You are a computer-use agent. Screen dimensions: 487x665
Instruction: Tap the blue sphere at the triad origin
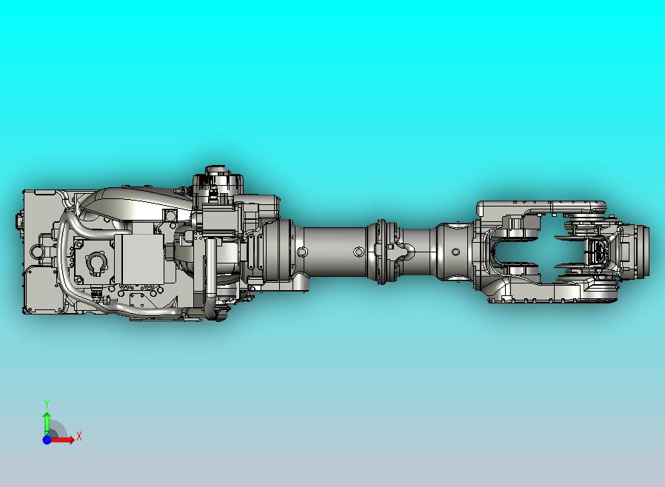coord(47,440)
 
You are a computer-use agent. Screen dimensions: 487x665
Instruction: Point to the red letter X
coord(79,437)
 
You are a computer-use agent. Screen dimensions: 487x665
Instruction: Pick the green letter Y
coord(47,403)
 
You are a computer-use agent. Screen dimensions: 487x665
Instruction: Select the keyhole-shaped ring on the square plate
coord(96,263)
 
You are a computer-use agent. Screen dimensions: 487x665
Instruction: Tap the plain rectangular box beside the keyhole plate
coord(144,259)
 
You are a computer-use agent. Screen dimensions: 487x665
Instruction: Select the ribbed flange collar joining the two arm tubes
coord(382,252)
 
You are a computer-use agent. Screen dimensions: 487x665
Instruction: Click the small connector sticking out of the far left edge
coord(17,221)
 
